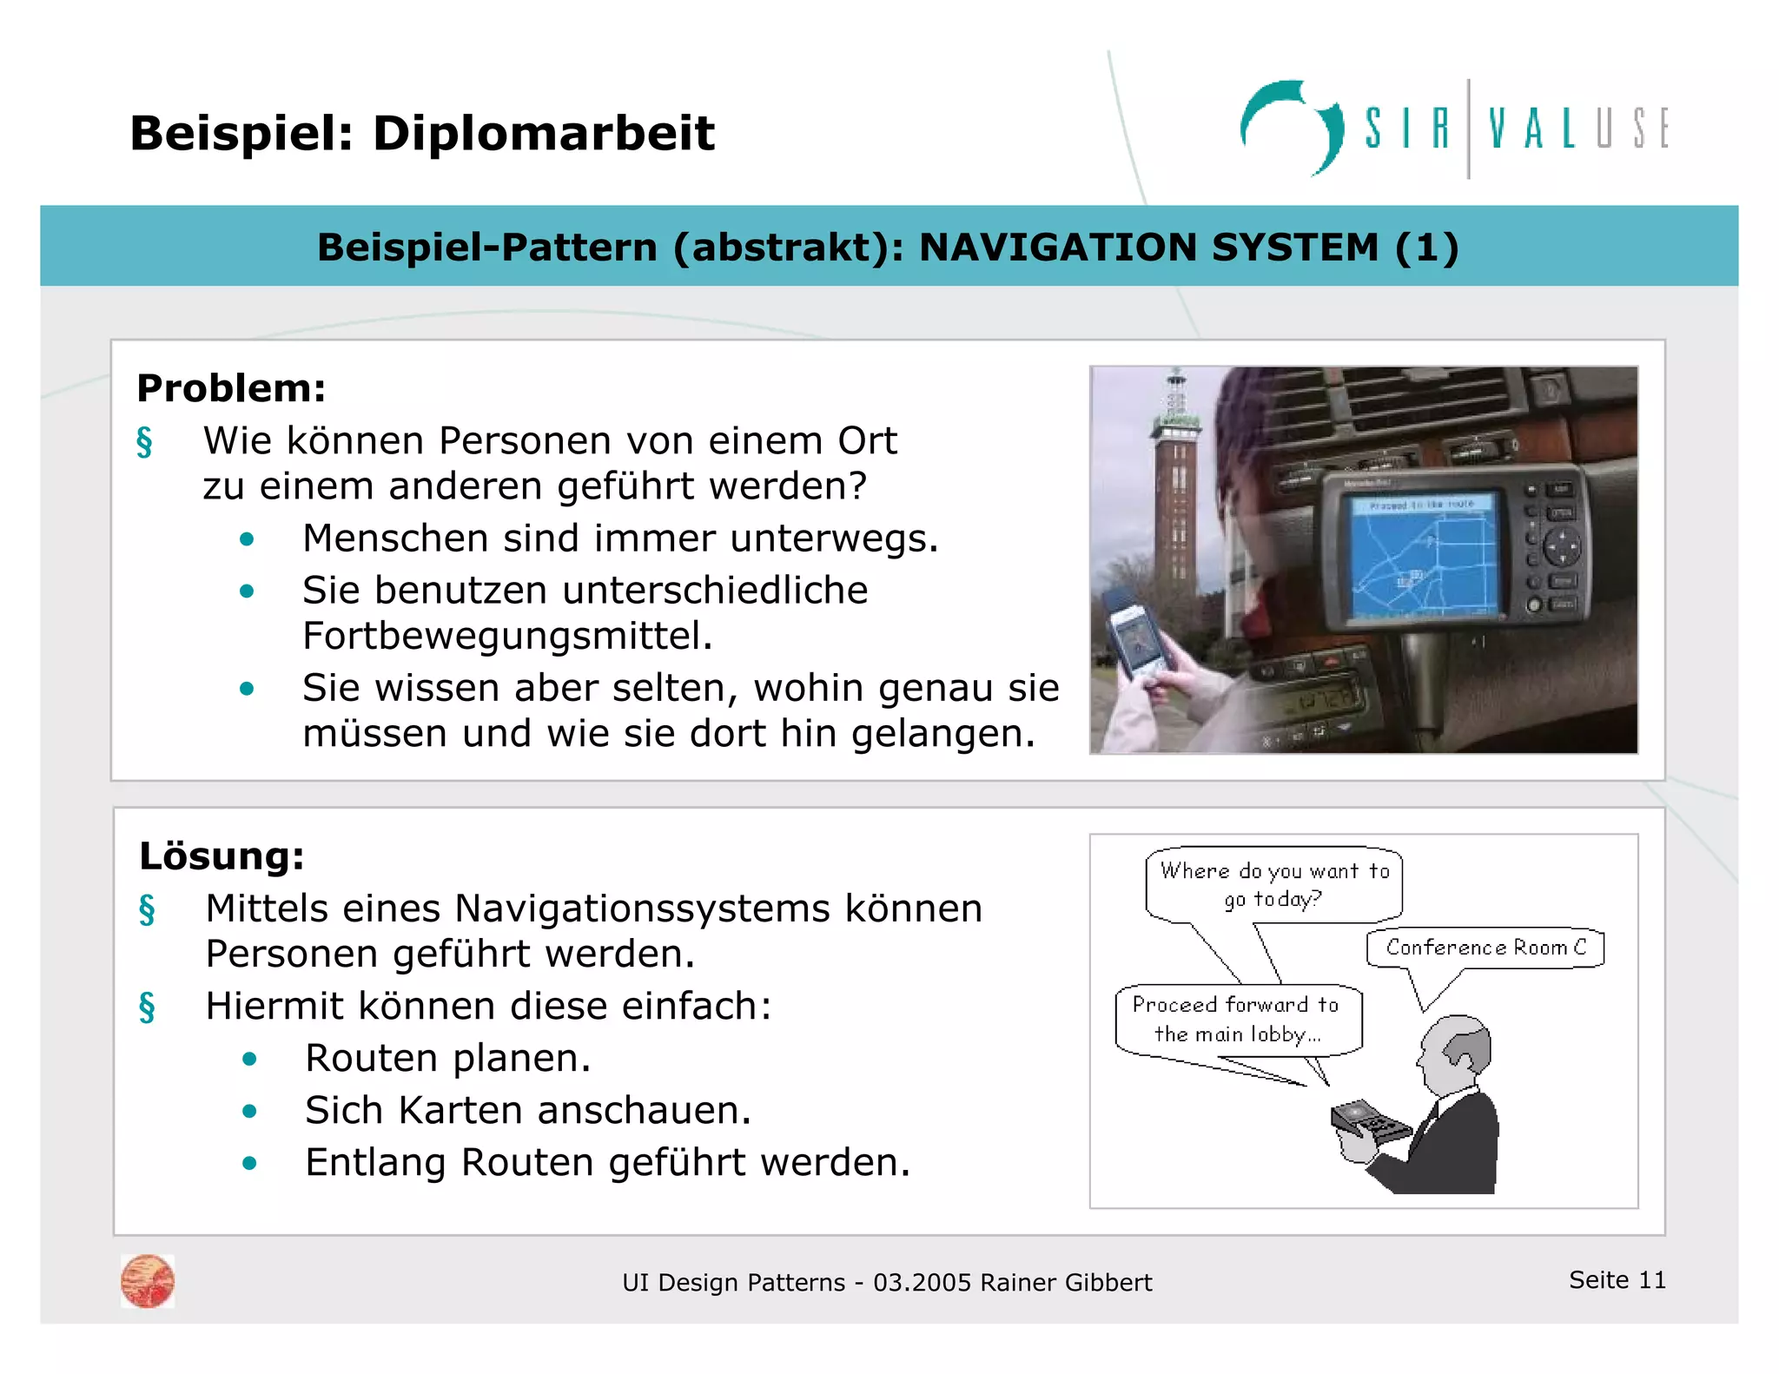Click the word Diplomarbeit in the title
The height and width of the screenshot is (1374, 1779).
543,135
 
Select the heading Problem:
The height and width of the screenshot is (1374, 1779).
231,388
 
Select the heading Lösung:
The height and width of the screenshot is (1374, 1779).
222,856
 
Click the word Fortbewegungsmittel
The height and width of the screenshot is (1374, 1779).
507,636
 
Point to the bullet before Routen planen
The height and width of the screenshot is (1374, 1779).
250,1059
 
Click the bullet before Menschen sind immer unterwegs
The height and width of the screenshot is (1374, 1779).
248,539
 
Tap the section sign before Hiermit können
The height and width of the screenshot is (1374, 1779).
147,1007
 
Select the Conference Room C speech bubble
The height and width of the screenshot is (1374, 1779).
1485,948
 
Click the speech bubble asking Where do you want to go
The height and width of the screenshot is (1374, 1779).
1274,885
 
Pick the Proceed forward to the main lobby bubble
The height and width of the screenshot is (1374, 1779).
1238,1020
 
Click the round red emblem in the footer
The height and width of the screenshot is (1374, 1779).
148,1281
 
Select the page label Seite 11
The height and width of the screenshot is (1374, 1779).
1617,1280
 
